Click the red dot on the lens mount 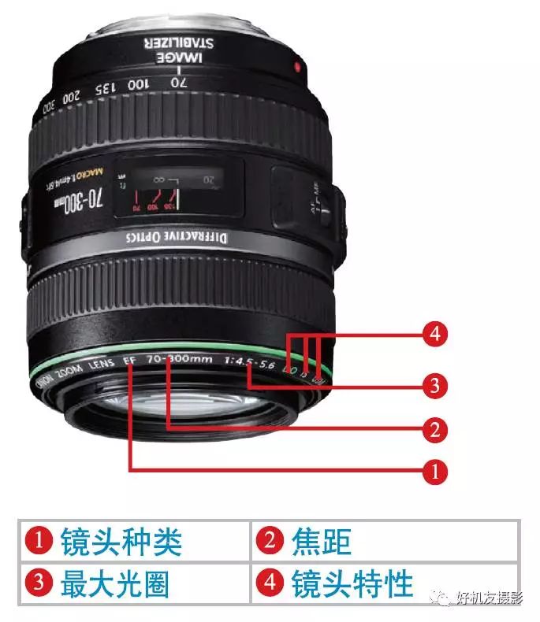(296, 68)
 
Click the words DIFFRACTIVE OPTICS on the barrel (178, 240)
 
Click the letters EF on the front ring (131, 362)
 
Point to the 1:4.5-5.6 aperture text (250, 364)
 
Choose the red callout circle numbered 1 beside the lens (432, 471)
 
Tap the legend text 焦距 (321, 542)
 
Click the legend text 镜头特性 (351, 583)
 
